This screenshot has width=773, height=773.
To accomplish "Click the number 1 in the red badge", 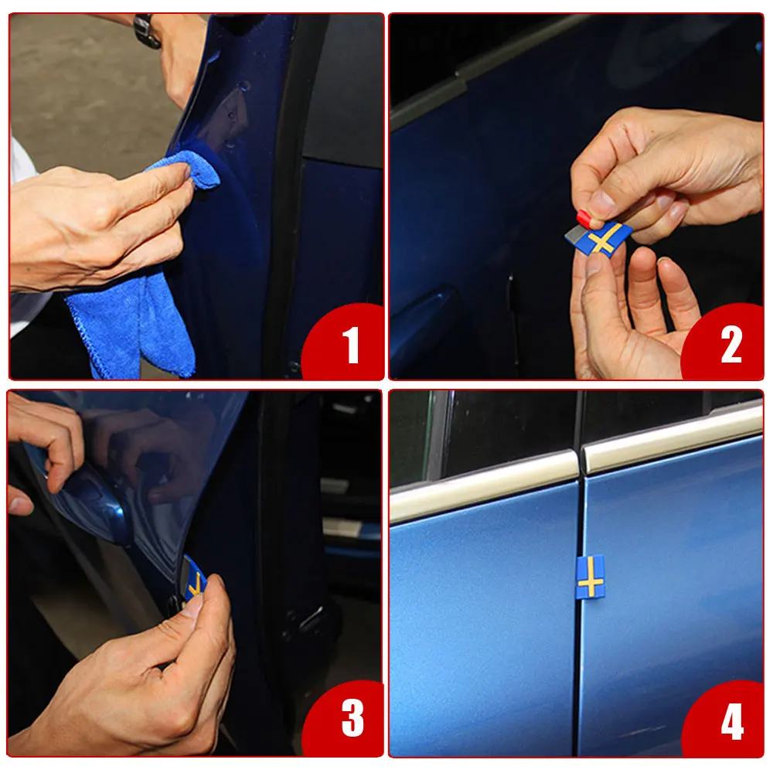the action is click(351, 345).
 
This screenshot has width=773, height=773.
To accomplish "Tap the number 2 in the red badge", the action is click(731, 345).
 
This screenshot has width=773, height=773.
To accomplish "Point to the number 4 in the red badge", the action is click(732, 722).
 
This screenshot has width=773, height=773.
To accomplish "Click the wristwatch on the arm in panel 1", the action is click(146, 31).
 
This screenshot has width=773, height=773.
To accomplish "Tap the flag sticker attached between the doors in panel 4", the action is click(590, 577).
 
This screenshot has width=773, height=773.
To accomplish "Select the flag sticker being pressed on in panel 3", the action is click(194, 580).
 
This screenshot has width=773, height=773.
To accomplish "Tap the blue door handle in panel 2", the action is click(429, 315).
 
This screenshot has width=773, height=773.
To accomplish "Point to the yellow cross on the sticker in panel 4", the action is click(590, 577).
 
